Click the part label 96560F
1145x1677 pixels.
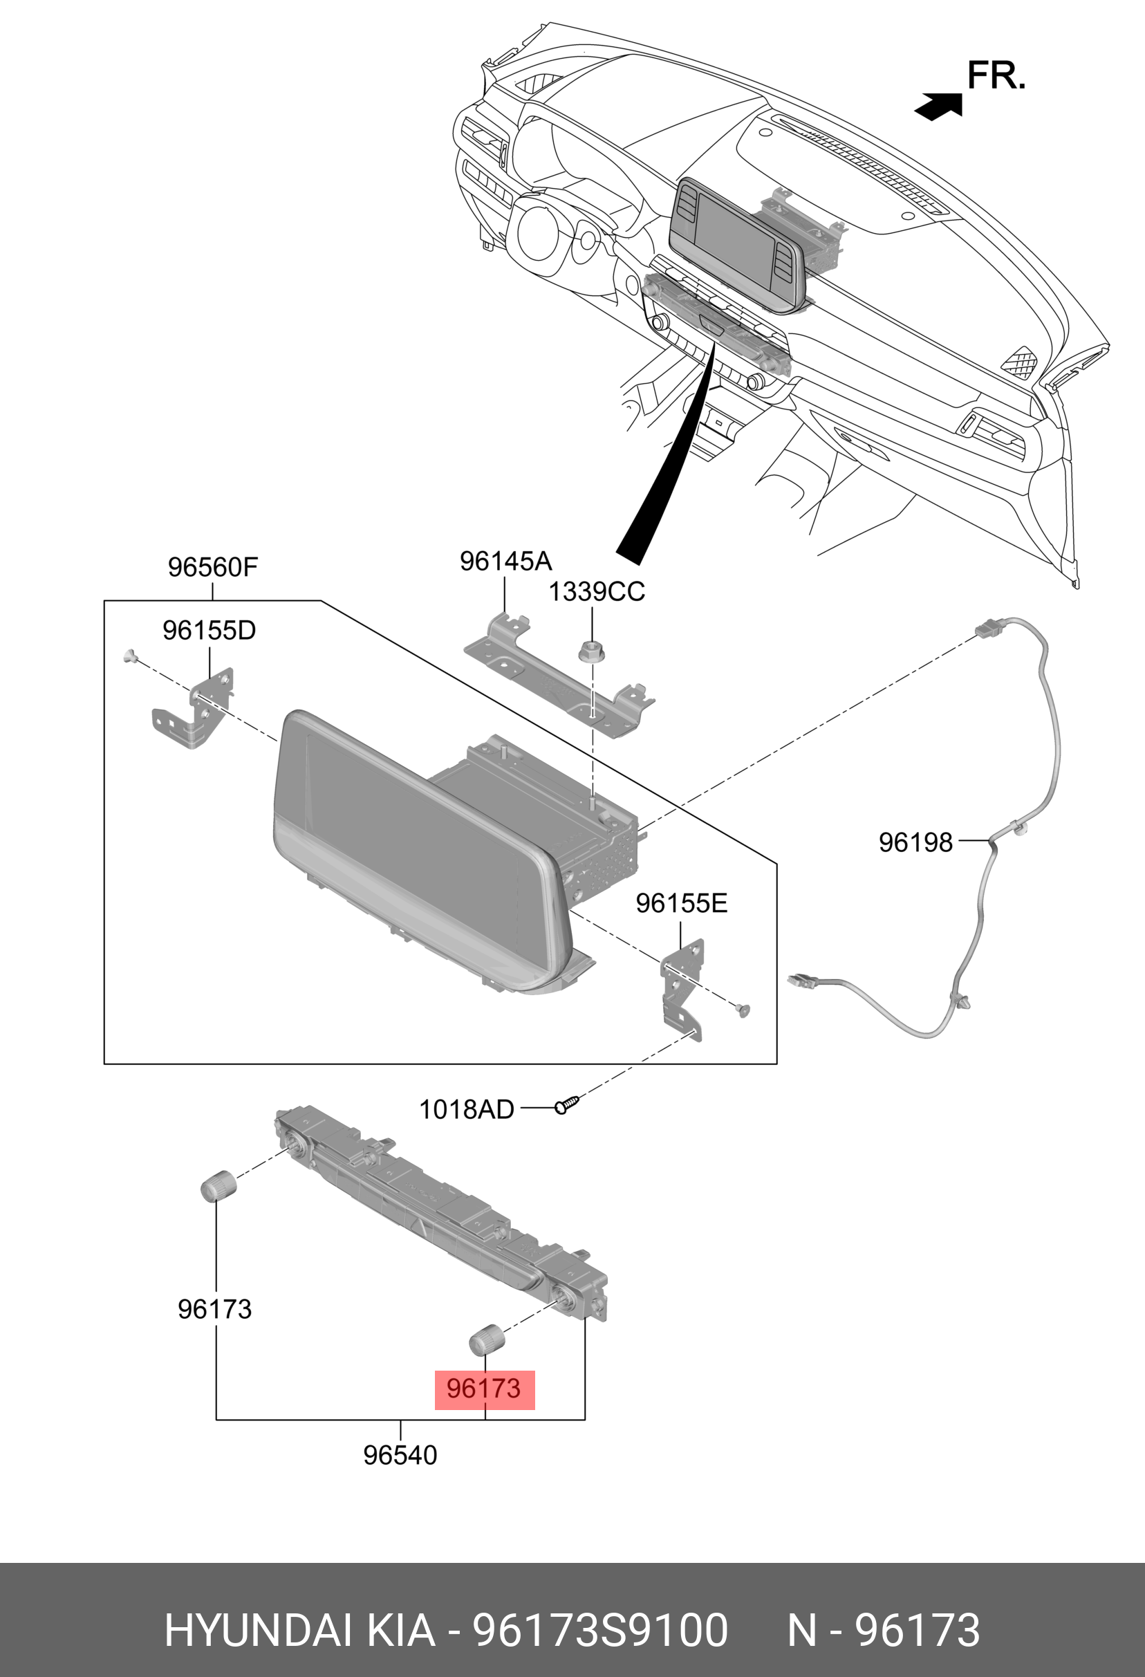click(212, 567)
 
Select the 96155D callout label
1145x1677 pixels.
click(209, 631)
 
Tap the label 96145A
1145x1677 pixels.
click(505, 561)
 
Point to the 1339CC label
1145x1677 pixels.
click(596, 592)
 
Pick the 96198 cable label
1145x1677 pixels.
click(915, 842)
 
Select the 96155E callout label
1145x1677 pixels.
click(681, 903)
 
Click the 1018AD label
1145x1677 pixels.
click(466, 1109)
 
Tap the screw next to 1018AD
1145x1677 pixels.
click(567, 1104)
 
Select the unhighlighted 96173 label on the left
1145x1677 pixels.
click(214, 1309)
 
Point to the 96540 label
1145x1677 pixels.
click(400, 1455)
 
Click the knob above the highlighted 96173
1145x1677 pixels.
click(487, 1340)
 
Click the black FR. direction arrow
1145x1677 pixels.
click(939, 106)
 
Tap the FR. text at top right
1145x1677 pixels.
click(996, 75)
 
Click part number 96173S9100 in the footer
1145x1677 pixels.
click(599, 1630)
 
